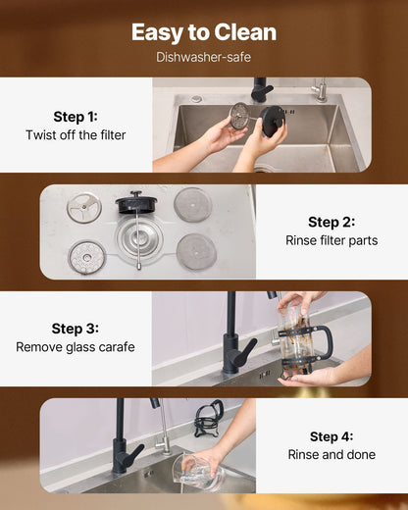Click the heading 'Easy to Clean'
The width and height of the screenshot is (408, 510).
point(204,32)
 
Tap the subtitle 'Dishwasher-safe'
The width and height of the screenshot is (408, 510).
point(204,57)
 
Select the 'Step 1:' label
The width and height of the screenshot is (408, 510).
point(76,116)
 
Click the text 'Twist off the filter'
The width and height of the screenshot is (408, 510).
point(76,135)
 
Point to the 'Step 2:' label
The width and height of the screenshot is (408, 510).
point(331,222)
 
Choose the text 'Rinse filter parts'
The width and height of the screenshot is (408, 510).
point(331,240)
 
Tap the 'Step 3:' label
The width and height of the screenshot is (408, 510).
point(76,329)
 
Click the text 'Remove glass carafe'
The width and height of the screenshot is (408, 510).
point(76,347)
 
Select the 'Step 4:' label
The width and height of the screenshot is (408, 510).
point(331,436)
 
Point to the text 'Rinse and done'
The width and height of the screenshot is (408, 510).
point(331,455)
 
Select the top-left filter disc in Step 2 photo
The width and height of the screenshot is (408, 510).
point(83,206)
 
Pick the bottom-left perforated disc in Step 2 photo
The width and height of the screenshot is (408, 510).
point(85,257)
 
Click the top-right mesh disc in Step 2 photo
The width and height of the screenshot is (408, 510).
point(192,204)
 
